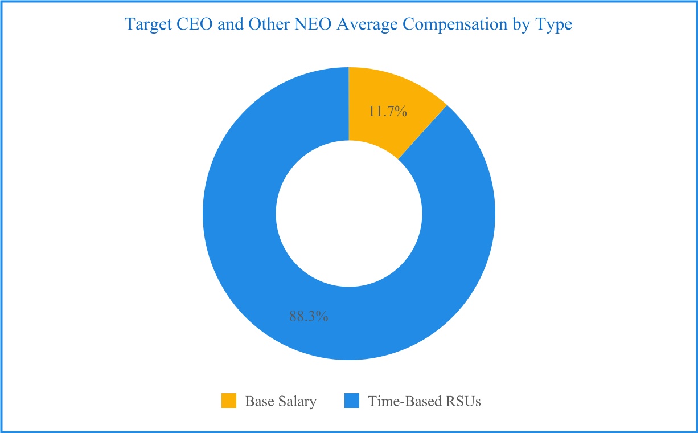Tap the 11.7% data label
pyautogui.click(x=388, y=111)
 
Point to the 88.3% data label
pyautogui.click(x=309, y=316)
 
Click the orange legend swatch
pyautogui.click(x=229, y=401)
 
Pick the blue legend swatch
pyautogui.click(x=352, y=401)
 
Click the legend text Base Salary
pyautogui.click(x=281, y=401)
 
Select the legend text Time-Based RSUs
pyautogui.click(x=424, y=401)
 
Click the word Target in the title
pyautogui.click(x=149, y=24)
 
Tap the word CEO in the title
pyautogui.click(x=195, y=24)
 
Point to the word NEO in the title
pyautogui.click(x=313, y=24)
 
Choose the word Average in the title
pyautogui.click(x=367, y=24)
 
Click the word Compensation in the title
pyautogui.click(x=455, y=24)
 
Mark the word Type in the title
pyautogui.click(x=554, y=24)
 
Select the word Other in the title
pyautogui.click(x=269, y=24)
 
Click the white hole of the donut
pyautogui.click(x=349, y=214)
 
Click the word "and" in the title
pyautogui.click(x=231, y=24)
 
